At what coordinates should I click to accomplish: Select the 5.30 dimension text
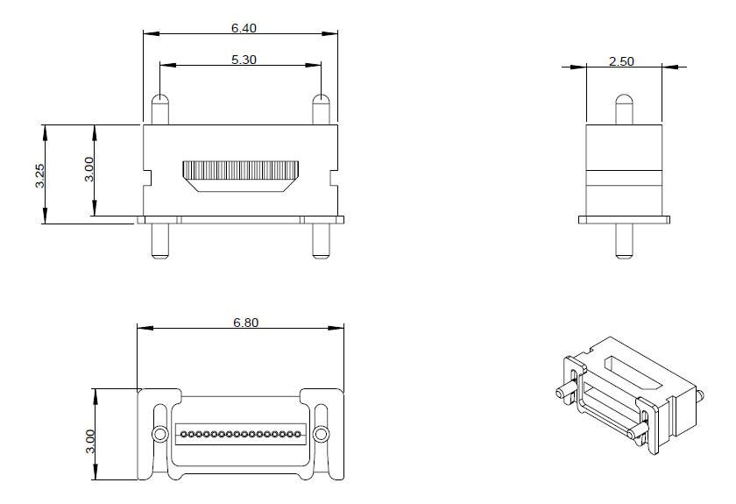click(x=243, y=60)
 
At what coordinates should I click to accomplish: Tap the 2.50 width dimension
click(x=621, y=61)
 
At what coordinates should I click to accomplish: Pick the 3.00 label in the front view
click(x=88, y=169)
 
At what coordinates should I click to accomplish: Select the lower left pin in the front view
click(x=159, y=241)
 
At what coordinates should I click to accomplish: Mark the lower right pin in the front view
click(x=322, y=241)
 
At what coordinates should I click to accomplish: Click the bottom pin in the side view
click(x=623, y=241)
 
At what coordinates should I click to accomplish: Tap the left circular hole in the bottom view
click(x=159, y=434)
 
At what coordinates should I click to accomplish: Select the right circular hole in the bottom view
click(x=321, y=434)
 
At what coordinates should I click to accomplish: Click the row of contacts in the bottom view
click(x=241, y=434)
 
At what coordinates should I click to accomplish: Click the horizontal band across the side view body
click(x=623, y=177)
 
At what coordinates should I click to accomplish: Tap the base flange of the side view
click(x=623, y=219)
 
